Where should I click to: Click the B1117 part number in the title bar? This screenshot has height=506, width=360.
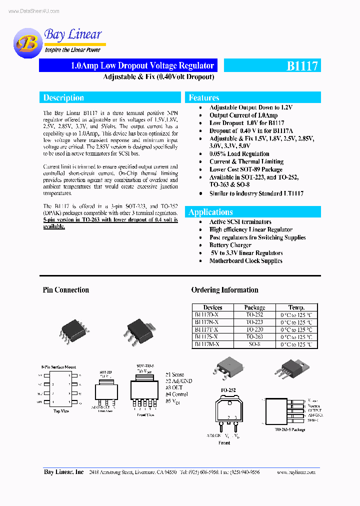click(x=301, y=66)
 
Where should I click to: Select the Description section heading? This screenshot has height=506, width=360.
click(x=63, y=98)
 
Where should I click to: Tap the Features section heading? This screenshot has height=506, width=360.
click(x=204, y=98)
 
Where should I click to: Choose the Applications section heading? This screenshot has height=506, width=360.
click(x=210, y=212)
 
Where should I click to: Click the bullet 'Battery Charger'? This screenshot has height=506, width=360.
click(x=230, y=245)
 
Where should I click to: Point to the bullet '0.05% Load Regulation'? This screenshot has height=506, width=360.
click(x=239, y=154)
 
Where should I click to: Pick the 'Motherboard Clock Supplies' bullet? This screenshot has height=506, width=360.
click(x=245, y=261)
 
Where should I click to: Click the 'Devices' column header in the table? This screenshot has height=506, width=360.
click(x=212, y=307)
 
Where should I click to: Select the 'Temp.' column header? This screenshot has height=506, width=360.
click(x=296, y=307)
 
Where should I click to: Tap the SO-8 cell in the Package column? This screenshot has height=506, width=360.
click(x=254, y=344)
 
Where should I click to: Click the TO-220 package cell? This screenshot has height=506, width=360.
click(x=254, y=330)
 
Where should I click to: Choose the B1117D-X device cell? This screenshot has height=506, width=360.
click(x=206, y=315)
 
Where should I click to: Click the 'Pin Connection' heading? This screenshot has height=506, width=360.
click(x=66, y=290)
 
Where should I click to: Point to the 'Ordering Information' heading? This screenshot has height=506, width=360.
click(x=224, y=290)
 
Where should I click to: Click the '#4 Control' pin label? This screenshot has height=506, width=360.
click(x=178, y=394)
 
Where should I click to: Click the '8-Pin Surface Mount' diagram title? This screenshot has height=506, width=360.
click(x=58, y=367)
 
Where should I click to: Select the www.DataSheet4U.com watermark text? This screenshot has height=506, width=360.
click(x=34, y=11)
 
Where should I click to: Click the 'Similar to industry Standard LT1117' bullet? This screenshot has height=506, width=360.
click(x=256, y=193)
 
